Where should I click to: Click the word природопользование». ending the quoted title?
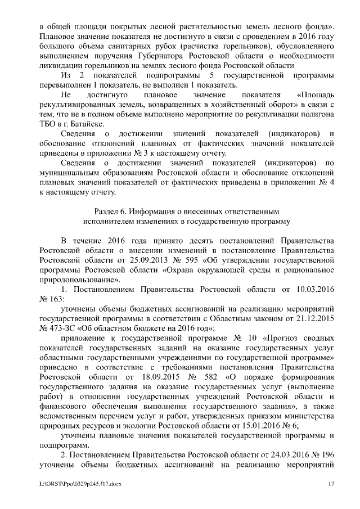point(79,279)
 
